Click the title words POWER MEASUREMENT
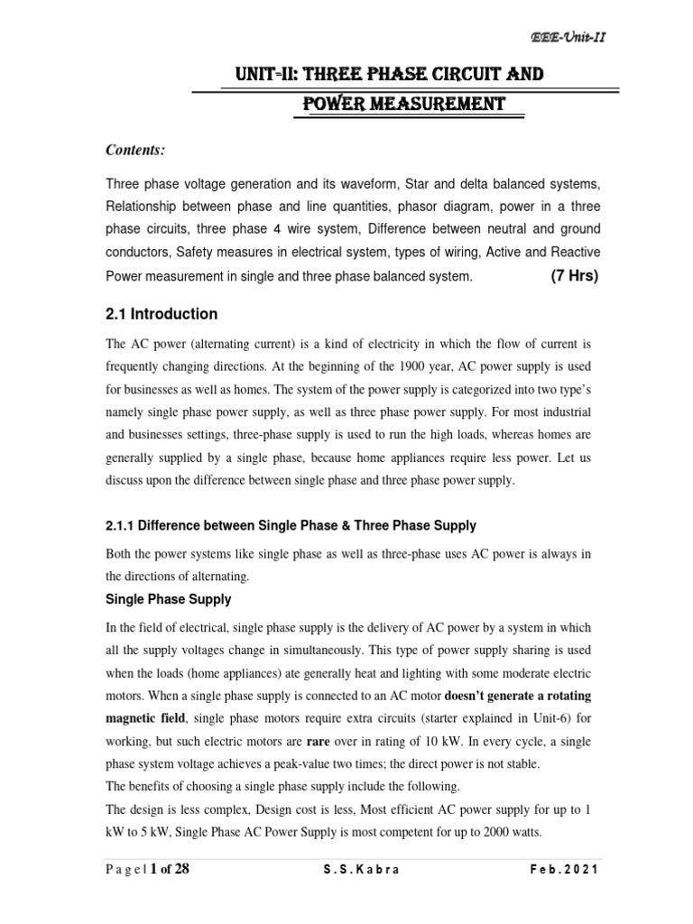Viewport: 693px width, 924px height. click(x=403, y=105)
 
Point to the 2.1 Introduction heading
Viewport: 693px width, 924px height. click(x=162, y=314)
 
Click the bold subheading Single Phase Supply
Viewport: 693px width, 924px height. click(x=169, y=599)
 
